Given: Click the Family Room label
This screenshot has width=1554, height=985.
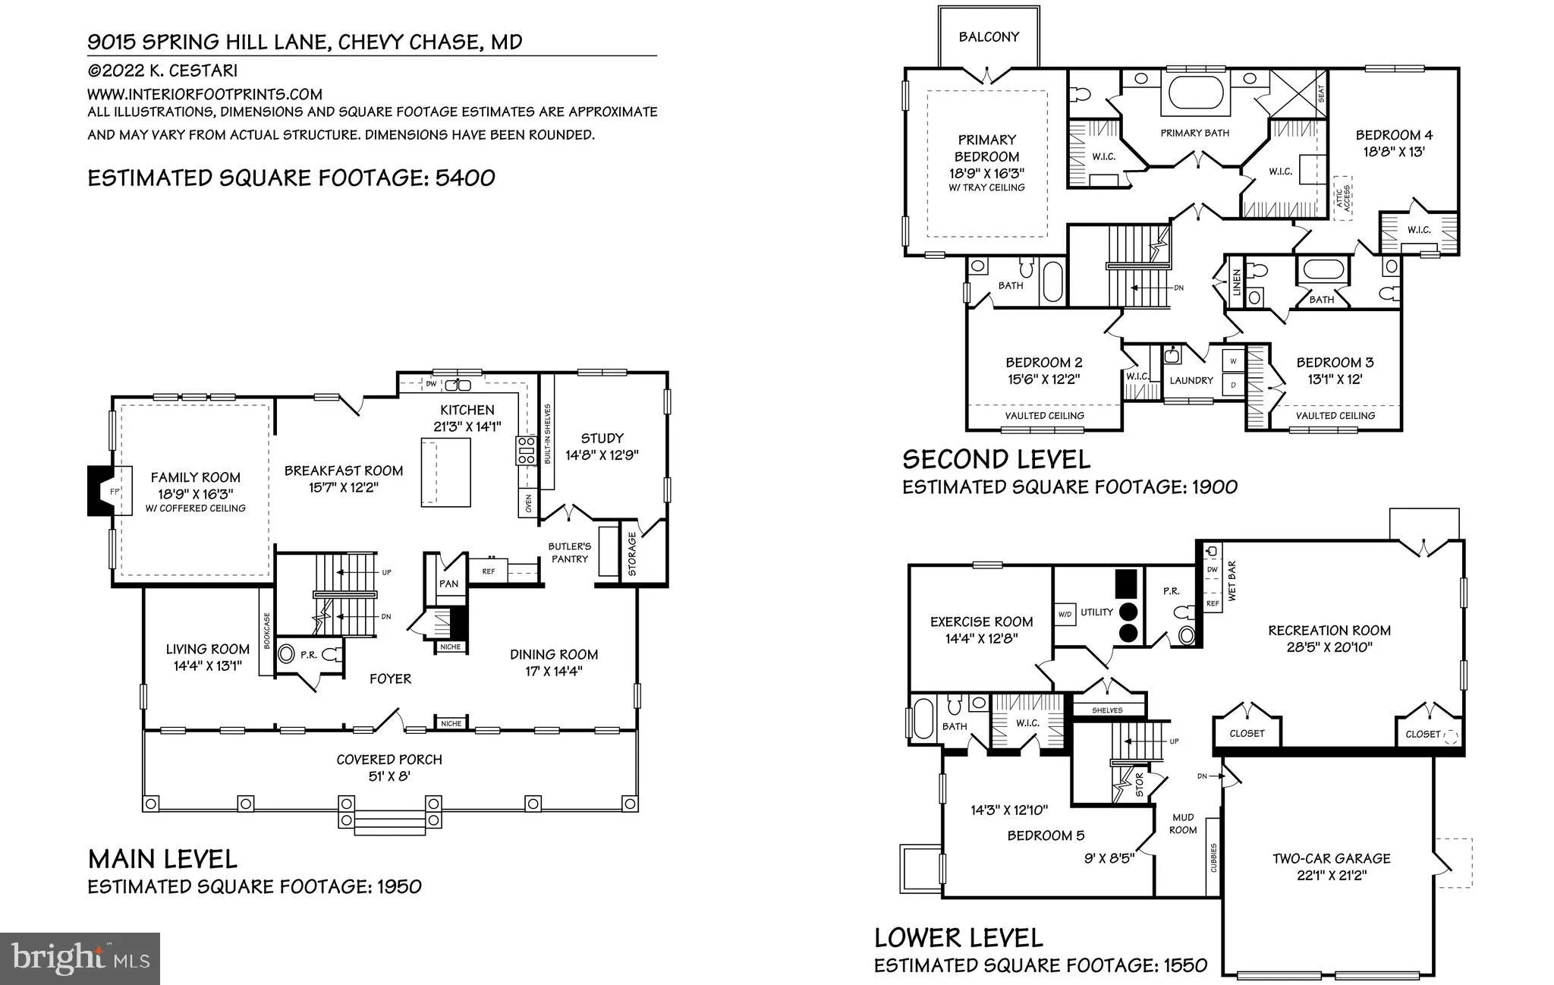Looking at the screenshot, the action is point(195,477).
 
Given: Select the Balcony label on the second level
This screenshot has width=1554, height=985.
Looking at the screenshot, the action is point(989,36).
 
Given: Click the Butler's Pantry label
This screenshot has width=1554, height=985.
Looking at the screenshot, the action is point(570,552).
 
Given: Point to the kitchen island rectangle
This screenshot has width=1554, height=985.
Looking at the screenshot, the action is point(446,471).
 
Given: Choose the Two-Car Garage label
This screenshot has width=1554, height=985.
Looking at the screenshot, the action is point(1332,858).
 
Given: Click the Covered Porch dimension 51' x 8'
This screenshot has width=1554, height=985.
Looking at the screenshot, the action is point(389,776).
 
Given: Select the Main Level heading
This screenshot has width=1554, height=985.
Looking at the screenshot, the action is point(162,859).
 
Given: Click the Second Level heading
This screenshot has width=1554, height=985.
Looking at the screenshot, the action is point(996,459).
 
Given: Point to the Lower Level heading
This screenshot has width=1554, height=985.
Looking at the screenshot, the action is point(958,938).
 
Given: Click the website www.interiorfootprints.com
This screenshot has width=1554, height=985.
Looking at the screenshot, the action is point(205,94).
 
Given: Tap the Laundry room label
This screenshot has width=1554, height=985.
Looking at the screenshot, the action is point(1191,380).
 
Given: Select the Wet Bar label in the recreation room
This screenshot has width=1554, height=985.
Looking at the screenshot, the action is point(1232,581).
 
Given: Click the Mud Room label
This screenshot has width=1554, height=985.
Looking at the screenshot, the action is point(1183,823).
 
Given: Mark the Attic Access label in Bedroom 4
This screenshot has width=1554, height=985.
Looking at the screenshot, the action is point(1343,199).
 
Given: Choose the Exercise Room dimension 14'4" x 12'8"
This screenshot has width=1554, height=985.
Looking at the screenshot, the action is point(981,639).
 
